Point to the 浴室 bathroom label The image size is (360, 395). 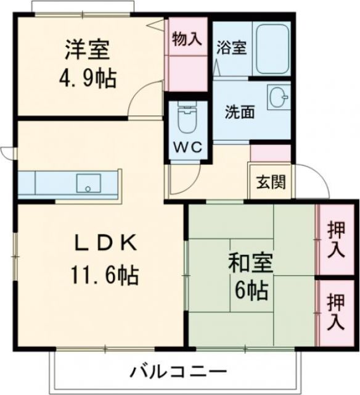[x=232, y=48]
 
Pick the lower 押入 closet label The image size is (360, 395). [x=336, y=311]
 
